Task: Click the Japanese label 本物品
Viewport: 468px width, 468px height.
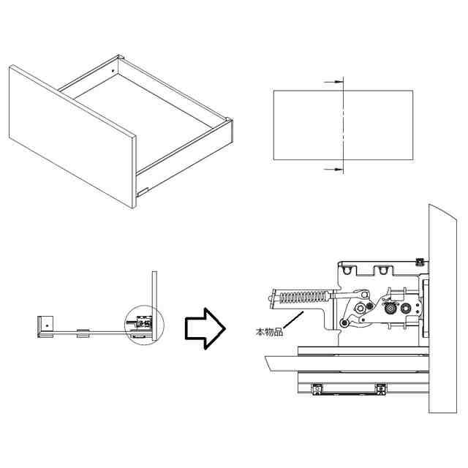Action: [x=268, y=333]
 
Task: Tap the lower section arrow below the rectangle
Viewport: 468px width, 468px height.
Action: [x=333, y=169]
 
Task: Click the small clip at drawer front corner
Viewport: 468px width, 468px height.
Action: [x=142, y=192]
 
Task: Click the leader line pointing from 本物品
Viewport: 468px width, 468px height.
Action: [x=292, y=319]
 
